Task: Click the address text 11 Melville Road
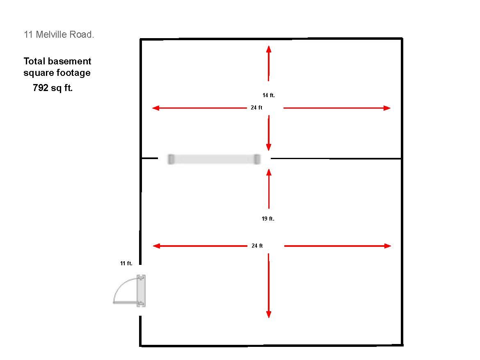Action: [x=59, y=34]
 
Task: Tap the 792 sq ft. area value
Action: [x=53, y=88]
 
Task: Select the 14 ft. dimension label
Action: [x=268, y=96]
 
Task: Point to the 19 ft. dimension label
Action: [x=268, y=219]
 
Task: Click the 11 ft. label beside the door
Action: [x=126, y=263]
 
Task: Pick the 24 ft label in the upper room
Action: [x=256, y=108]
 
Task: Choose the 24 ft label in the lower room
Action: [x=257, y=246]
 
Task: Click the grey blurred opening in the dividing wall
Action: [x=214, y=159]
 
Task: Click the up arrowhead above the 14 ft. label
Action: [x=269, y=49]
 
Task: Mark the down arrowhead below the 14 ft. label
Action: [x=269, y=147]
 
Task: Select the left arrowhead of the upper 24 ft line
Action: [x=156, y=108]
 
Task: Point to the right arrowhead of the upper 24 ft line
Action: [x=387, y=108]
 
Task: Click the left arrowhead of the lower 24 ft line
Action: [x=156, y=246]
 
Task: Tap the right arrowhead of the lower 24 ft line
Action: [x=388, y=246]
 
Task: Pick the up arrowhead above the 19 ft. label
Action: [x=269, y=172]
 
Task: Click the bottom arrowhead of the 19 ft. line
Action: [x=269, y=314]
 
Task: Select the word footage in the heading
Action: [x=73, y=73]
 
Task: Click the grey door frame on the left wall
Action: [x=141, y=291]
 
